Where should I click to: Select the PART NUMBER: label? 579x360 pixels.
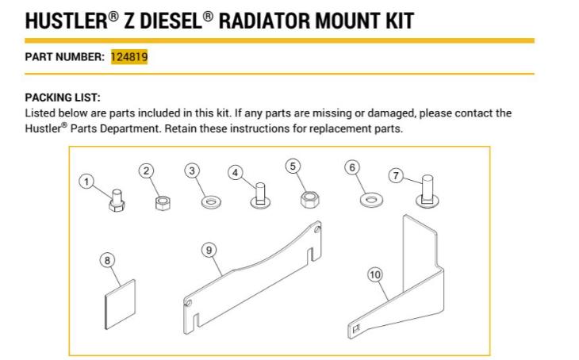(x=64, y=57)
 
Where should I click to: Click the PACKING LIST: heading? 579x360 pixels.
(x=63, y=98)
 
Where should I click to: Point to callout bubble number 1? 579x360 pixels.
(x=87, y=182)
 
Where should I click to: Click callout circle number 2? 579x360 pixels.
(x=145, y=169)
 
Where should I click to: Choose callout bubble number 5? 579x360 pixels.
(x=293, y=166)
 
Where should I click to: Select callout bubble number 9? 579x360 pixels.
(x=209, y=250)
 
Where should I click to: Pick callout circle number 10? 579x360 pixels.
(x=375, y=274)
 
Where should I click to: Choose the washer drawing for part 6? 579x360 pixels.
(x=369, y=198)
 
